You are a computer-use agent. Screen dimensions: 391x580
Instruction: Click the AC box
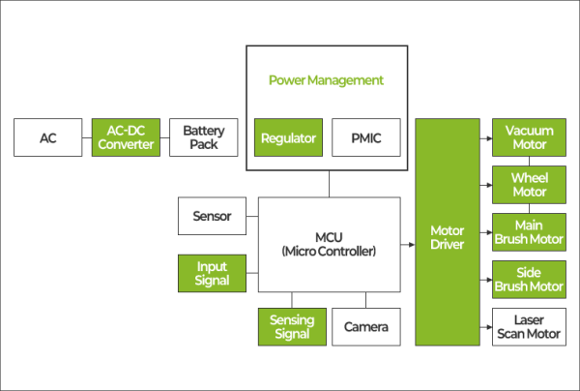(x=48, y=138)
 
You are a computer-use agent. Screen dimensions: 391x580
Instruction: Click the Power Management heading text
(x=327, y=79)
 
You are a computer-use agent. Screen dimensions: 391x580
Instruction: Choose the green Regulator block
(x=288, y=138)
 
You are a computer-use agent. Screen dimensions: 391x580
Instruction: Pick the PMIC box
(x=363, y=138)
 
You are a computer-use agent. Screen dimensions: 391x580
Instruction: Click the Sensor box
(x=212, y=216)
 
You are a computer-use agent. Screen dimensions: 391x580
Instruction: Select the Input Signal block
(x=212, y=273)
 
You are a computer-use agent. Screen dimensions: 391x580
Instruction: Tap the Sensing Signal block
(x=291, y=326)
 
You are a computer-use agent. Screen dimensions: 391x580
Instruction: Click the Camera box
(x=365, y=326)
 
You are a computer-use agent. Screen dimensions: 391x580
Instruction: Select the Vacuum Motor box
(x=529, y=138)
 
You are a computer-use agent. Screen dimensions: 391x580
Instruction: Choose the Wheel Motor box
(x=529, y=184)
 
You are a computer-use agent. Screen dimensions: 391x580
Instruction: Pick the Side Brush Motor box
(x=529, y=279)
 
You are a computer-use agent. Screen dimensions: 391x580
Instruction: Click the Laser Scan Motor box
(x=529, y=326)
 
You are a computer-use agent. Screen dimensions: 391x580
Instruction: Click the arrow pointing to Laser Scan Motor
(x=485, y=326)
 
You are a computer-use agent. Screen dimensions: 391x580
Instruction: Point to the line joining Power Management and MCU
(x=329, y=184)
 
